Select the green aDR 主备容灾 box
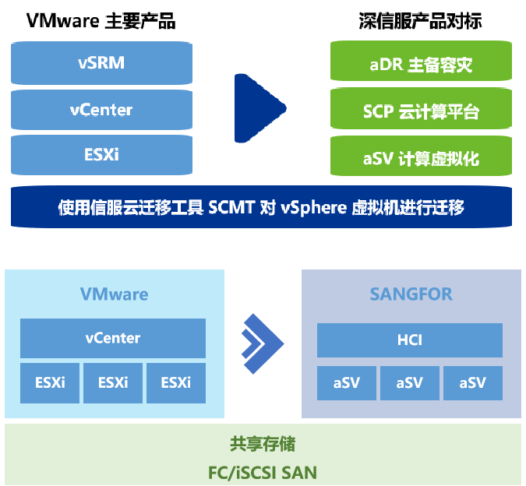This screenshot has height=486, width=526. tap(421, 64)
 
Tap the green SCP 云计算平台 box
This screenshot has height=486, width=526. tap(421, 111)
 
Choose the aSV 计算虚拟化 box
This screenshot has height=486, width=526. tap(421, 158)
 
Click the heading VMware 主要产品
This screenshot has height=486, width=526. tap(101, 21)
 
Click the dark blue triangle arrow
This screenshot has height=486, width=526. tap(259, 107)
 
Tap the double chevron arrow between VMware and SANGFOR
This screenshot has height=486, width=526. tap(262, 343)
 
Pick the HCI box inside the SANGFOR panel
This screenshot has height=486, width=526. tap(409, 340)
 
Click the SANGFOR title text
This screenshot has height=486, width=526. tap(411, 294)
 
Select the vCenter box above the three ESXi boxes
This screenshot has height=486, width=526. tap(113, 338)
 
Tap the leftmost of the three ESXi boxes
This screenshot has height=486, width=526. tap(50, 382)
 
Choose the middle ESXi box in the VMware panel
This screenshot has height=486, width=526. tap(113, 382)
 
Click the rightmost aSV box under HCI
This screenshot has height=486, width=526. tap(472, 382)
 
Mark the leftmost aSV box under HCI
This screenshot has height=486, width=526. tap(346, 382)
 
